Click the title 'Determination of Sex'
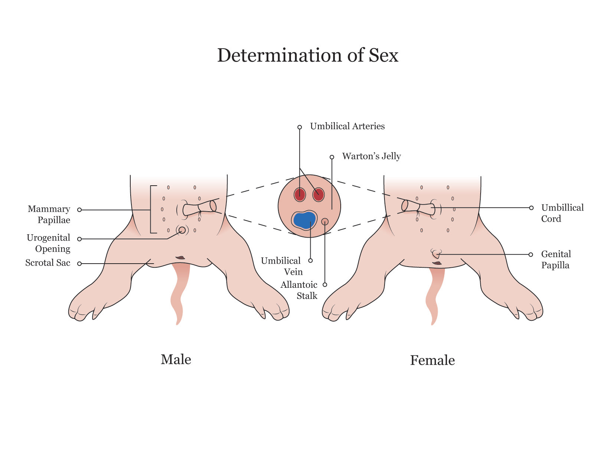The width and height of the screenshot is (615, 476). tap(307, 55)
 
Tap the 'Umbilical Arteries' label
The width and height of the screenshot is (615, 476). tap(347, 126)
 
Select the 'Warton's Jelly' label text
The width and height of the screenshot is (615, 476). tap(371, 156)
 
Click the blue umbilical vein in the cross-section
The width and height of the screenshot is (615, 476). tap(304, 220)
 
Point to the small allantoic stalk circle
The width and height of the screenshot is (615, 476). tap(325, 221)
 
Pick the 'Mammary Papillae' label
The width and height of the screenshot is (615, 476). tap(49, 214)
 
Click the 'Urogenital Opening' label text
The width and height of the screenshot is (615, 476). tap(48, 243)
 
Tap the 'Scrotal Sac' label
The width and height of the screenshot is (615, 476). tap(48, 263)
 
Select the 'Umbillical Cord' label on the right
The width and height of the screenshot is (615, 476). tap(562, 213)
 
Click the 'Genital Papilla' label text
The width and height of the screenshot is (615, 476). tap(556, 260)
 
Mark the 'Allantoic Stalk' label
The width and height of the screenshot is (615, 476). tap(299, 290)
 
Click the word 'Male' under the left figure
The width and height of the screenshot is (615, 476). tap(176, 359)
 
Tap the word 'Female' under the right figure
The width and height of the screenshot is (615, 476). tap(432, 360)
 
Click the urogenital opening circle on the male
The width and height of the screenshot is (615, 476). tap(182, 230)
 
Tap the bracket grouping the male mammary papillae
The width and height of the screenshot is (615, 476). tap(151, 209)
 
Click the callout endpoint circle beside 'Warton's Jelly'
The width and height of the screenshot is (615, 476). tap(332, 157)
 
